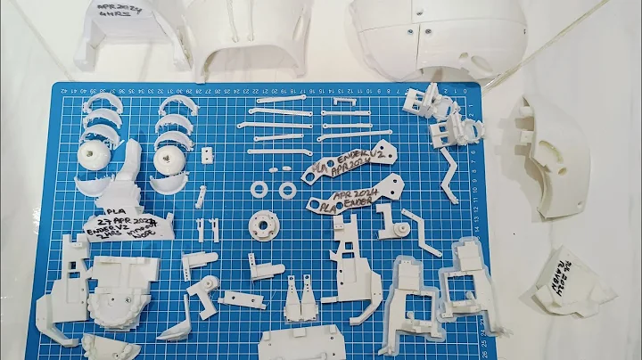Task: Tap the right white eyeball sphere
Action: pos(169,160)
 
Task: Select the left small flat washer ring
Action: pos(259,188)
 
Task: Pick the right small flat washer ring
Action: pos(286,189)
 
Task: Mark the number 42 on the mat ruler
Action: pos(62,90)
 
